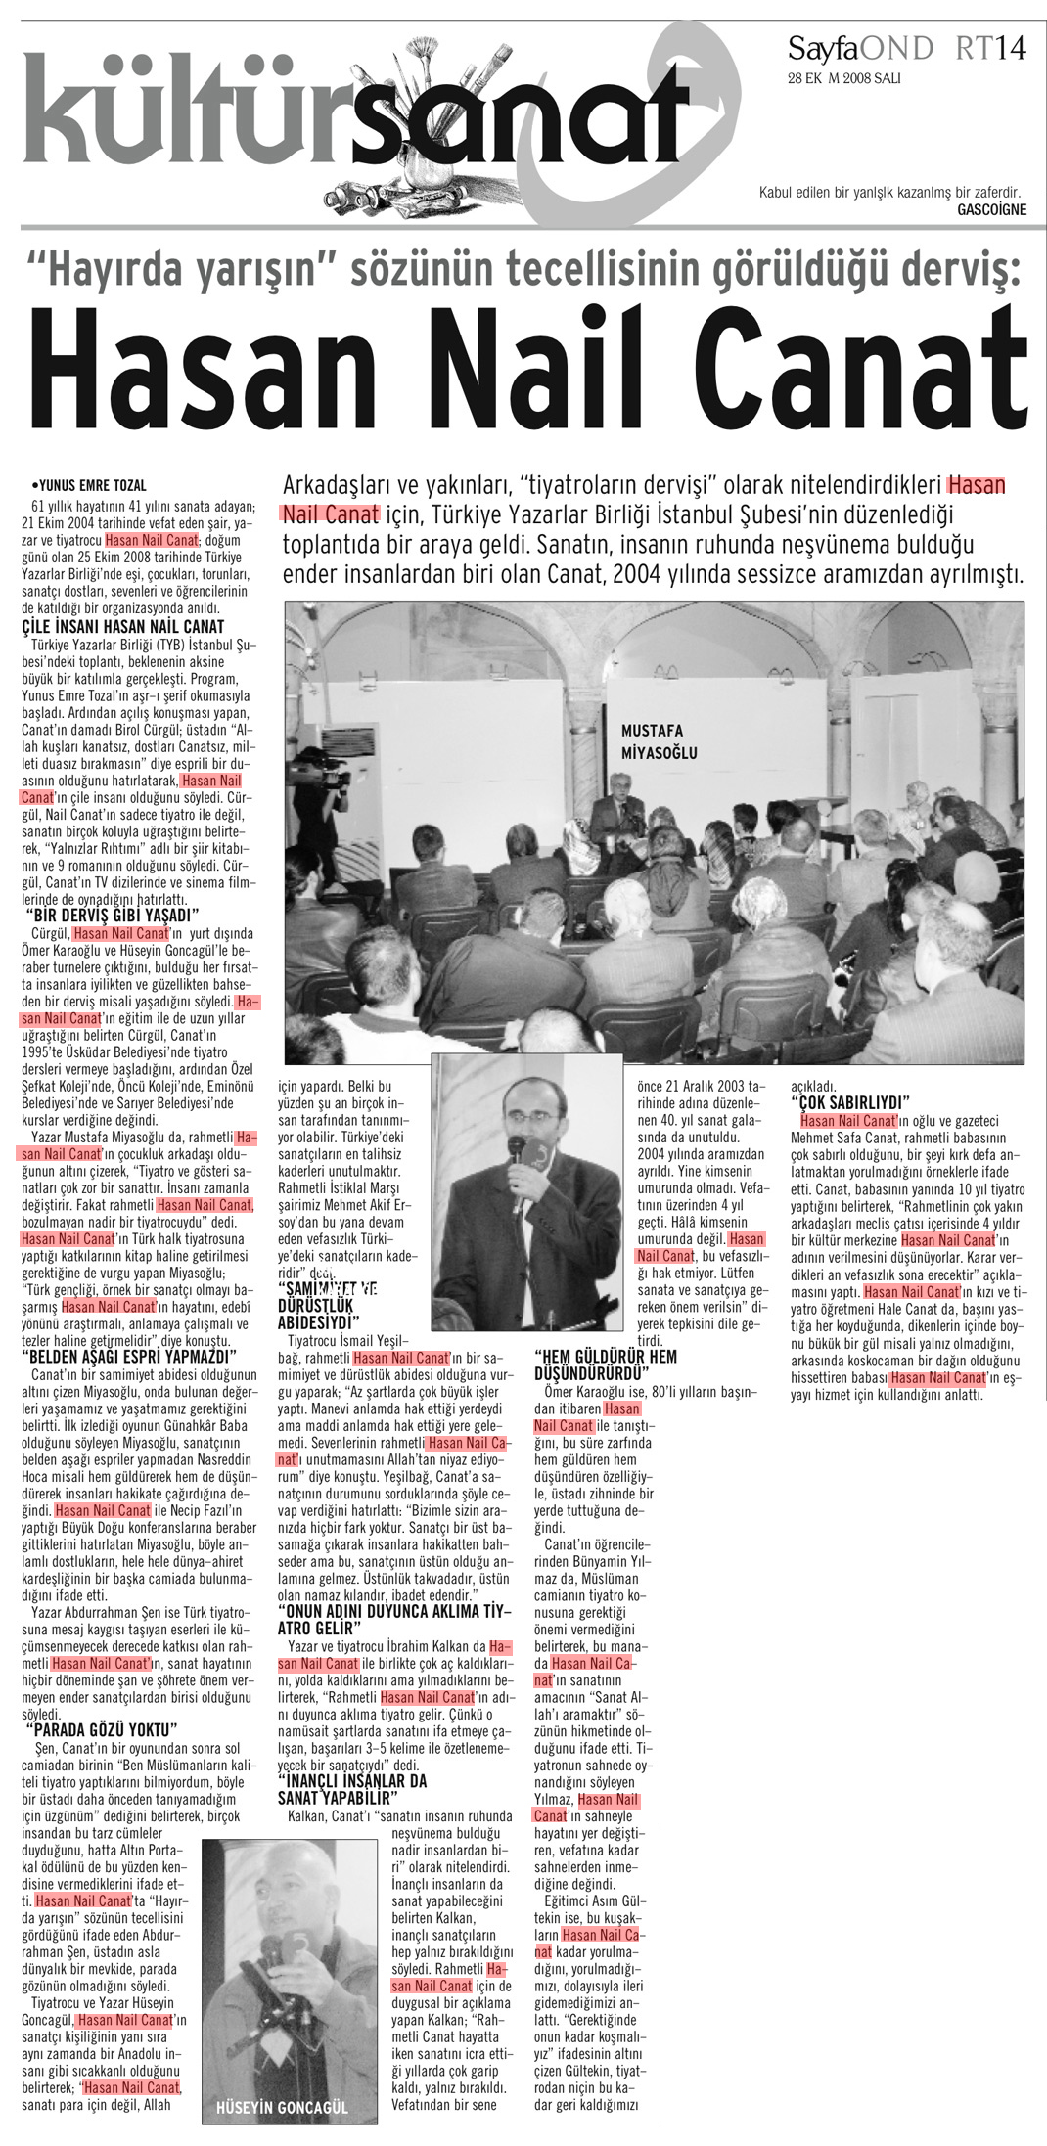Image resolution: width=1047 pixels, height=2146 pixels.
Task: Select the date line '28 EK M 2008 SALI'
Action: coord(843,78)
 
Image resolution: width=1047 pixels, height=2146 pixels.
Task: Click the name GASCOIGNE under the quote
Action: coord(991,209)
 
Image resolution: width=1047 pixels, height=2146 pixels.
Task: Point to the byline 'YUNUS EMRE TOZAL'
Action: coord(91,485)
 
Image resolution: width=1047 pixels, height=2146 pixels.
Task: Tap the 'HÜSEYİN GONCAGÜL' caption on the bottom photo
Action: coord(282,2107)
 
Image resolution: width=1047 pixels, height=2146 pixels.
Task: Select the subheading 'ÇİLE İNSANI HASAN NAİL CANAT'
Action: coord(123,627)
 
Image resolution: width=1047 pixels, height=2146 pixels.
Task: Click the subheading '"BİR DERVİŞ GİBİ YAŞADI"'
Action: coord(113,916)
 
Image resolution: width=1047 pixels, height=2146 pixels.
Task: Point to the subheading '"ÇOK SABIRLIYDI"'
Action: coord(849,1103)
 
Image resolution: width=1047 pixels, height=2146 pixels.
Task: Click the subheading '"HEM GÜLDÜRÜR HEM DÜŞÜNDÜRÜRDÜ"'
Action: coord(605,1364)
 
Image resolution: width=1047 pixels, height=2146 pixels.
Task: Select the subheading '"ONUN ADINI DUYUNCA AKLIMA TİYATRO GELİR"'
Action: coord(393,1619)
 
